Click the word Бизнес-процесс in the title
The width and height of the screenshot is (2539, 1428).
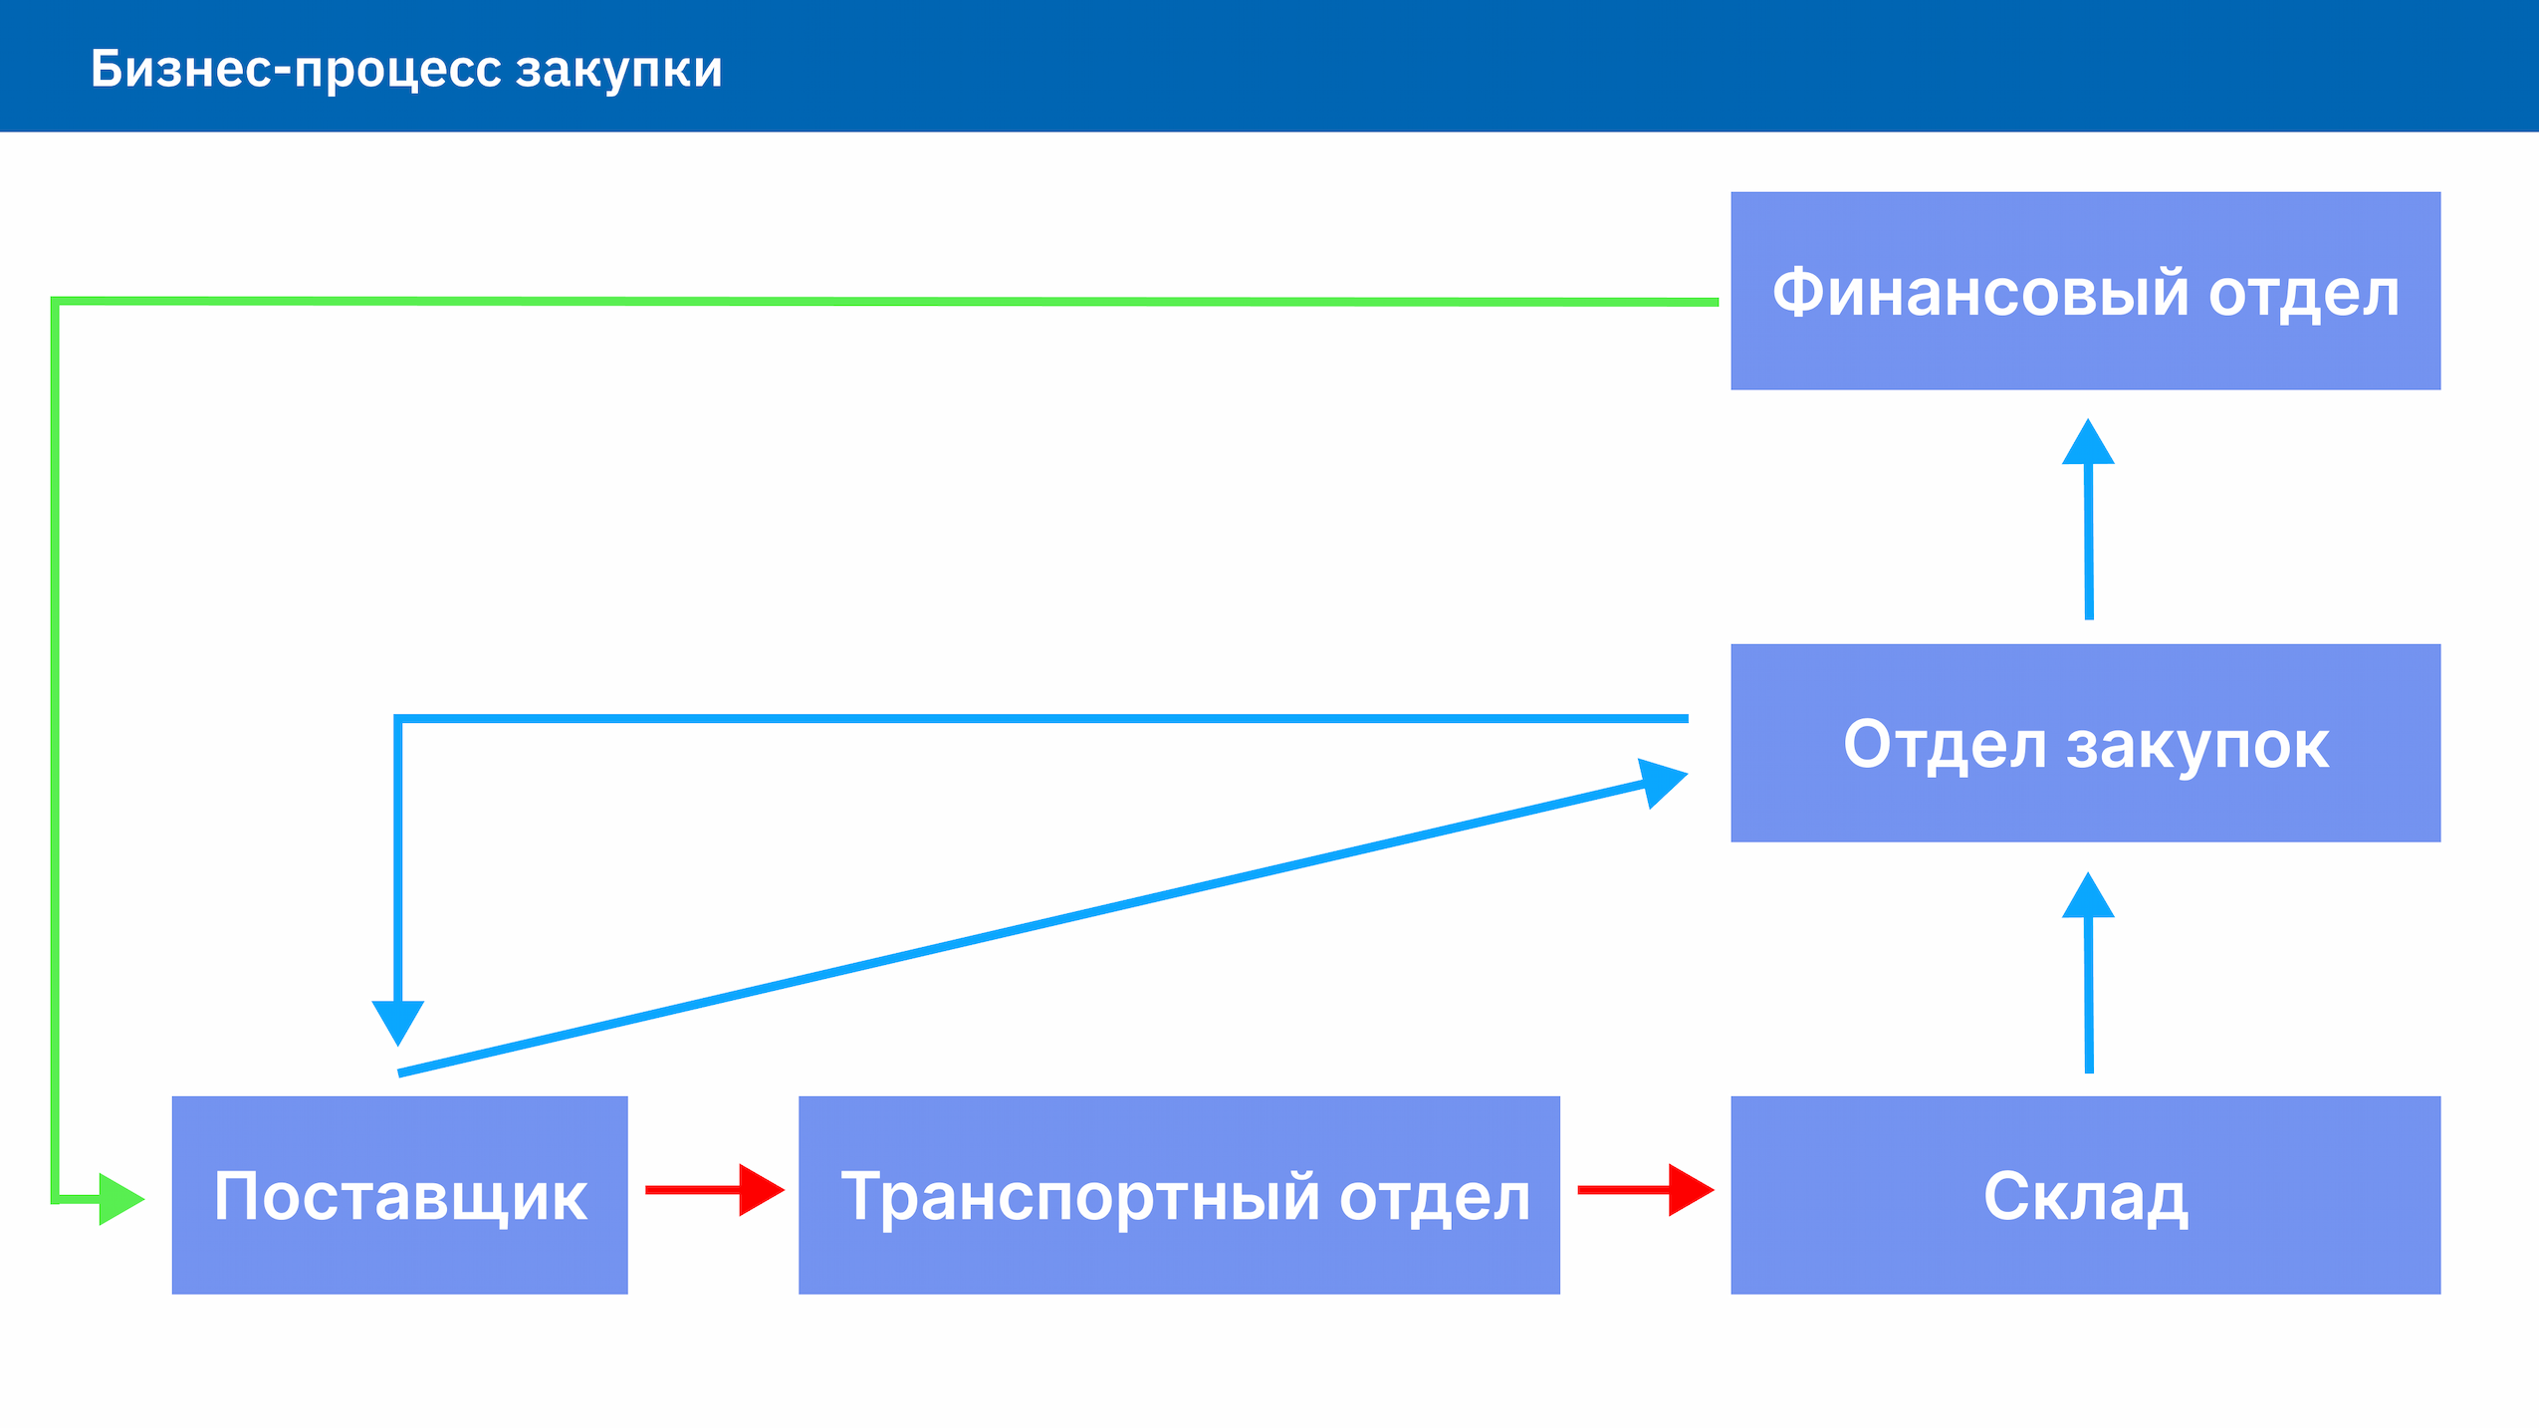296,71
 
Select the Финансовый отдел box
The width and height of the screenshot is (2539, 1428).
2085,291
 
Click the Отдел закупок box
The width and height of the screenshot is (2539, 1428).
2085,743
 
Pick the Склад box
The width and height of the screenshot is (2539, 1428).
2085,1195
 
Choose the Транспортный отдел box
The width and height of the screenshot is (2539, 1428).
1179,1195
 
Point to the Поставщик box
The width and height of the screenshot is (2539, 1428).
399,1195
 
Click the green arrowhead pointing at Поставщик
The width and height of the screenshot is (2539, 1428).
121,1199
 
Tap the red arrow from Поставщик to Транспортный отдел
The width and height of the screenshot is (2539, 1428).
715,1190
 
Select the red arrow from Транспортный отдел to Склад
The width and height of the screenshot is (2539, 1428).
1646,1190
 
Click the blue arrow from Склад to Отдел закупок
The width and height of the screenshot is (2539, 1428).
2088,973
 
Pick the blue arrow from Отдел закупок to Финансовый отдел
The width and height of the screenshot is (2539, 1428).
2088,519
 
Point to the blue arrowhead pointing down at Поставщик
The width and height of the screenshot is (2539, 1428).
398,1023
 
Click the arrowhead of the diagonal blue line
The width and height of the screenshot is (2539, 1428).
1664,782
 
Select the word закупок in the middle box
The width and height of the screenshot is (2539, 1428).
2197,747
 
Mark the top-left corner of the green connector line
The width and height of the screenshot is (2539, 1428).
55,301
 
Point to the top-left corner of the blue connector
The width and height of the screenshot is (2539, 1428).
398,718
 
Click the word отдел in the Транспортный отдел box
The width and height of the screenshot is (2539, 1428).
1435,1198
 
